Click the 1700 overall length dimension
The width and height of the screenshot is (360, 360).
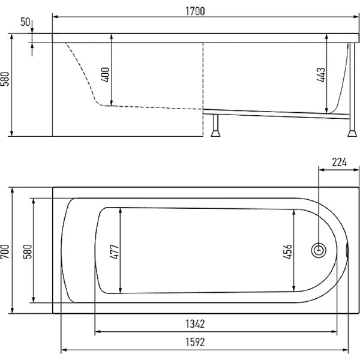[195, 11]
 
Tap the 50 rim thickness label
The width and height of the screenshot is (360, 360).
[25, 22]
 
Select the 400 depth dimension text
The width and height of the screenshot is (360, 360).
[106, 74]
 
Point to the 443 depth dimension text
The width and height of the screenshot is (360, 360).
[321, 75]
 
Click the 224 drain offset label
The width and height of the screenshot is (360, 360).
[340, 163]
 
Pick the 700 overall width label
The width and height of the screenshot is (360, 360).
[5, 251]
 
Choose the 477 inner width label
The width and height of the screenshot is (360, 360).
[115, 252]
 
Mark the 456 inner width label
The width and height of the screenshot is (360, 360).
[287, 252]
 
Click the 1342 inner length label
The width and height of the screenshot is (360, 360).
[195, 324]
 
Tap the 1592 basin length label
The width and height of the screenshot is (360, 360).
[195, 343]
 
